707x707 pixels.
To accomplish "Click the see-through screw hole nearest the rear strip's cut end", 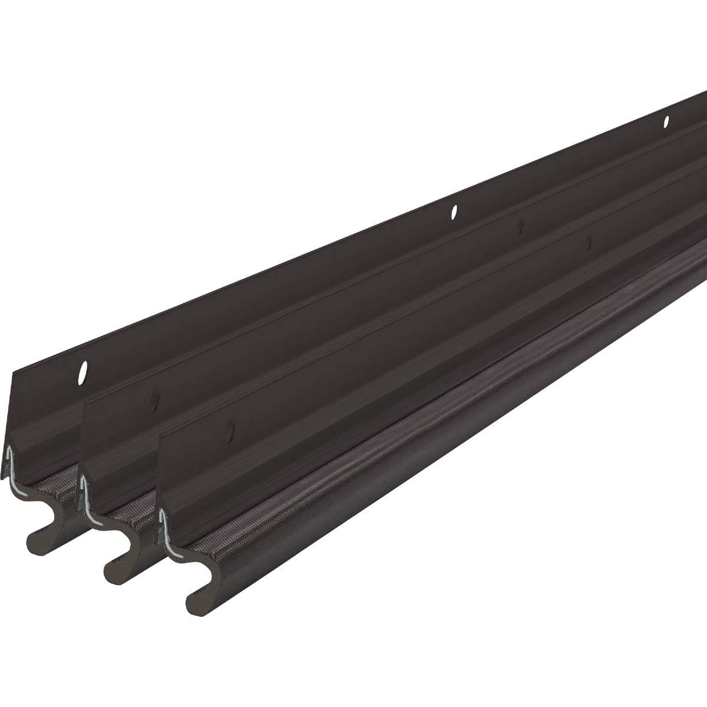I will (82, 372).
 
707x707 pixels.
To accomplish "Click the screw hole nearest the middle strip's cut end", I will (156, 401).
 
